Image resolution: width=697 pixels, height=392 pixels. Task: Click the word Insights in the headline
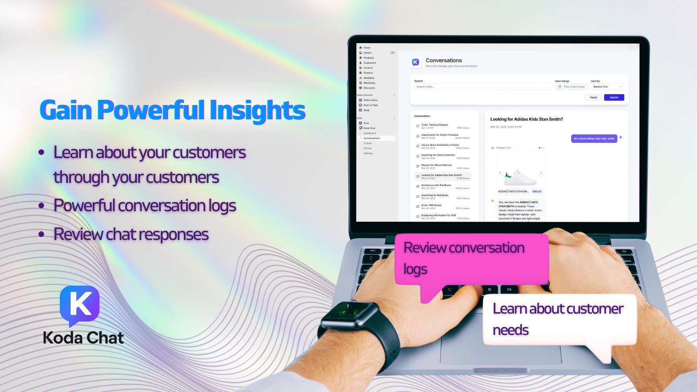[257, 110]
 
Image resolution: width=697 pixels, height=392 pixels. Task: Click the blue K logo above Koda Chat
[80, 304]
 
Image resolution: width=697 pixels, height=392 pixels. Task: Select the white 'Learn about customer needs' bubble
[559, 319]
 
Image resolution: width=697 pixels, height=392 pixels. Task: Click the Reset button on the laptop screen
[593, 98]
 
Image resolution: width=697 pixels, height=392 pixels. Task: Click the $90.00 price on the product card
[537, 192]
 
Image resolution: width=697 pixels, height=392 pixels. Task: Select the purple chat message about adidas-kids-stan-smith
[594, 139]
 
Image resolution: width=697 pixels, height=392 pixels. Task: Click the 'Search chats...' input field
[483, 87]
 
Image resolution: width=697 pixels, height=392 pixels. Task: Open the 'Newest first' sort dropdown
[608, 87]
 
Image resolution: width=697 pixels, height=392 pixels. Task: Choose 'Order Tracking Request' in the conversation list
[434, 125]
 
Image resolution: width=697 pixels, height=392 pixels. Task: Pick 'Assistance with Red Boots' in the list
[436, 185]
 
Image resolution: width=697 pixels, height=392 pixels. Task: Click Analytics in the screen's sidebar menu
[369, 78]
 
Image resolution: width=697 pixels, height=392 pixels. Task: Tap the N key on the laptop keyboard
[509, 289]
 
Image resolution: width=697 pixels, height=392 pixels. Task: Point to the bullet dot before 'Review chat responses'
[41, 234]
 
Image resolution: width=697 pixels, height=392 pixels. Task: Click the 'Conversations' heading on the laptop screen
[443, 61]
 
